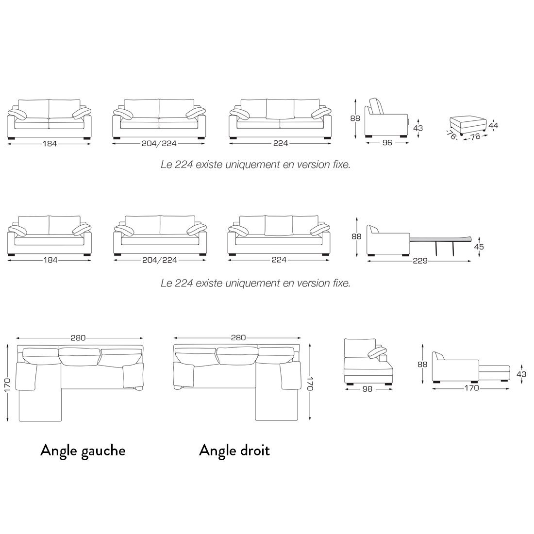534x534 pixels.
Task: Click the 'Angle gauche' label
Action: pos(83,451)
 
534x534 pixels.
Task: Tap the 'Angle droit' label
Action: pos(234,450)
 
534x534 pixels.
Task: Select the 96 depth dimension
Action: pos(387,143)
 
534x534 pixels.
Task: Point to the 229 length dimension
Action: pos(420,261)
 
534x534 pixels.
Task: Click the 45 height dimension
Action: pos(479,247)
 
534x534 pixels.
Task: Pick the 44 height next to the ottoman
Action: pos(493,125)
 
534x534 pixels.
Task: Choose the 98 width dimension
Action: pos(367,389)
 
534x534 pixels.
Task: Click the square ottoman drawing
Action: pos(468,125)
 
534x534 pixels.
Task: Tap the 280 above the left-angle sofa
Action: pos(78,338)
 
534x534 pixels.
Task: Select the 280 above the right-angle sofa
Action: pos(238,337)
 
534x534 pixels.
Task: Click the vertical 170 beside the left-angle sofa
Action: pos(7,385)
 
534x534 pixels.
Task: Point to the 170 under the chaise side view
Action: pos(471,388)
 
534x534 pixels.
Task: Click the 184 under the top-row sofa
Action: pos(50,144)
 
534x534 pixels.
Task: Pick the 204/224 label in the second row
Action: pos(160,260)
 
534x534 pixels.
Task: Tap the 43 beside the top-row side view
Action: pos(417,128)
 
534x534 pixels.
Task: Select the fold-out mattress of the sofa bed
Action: pos(441,238)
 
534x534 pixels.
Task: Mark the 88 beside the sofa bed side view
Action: pos(356,236)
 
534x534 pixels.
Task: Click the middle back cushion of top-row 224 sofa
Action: pos(280,109)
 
